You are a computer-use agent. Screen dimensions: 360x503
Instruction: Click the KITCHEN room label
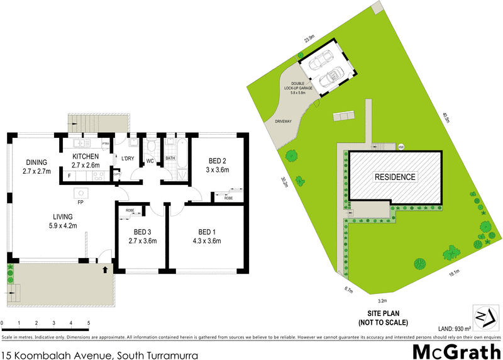coord(86,156)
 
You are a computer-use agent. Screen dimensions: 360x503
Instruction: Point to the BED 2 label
coord(218,161)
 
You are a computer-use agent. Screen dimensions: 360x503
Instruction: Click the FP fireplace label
coord(80,203)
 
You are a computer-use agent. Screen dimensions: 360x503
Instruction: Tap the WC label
coord(150,161)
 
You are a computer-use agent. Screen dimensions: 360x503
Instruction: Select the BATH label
coord(170,159)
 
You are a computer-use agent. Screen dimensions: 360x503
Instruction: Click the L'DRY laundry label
coord(128,158)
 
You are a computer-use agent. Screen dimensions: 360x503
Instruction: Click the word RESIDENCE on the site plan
coord(395,177)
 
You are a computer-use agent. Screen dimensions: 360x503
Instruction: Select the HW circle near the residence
coord(401,147)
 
